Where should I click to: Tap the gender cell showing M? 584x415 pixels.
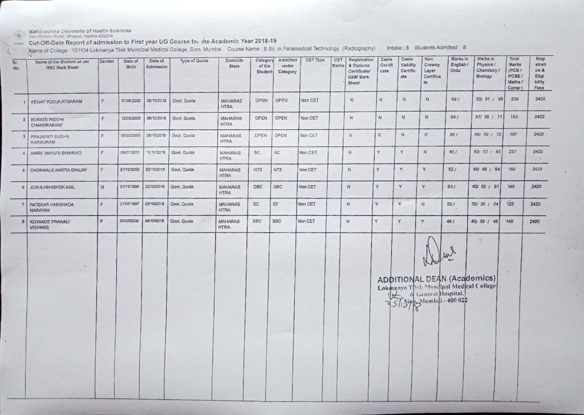pyautogui.click(x=102, y=186)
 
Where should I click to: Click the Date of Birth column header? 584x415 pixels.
pyautogui.click(x=131, y=63)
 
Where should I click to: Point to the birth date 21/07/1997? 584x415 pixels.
pyautogui.click(x=130, y=204)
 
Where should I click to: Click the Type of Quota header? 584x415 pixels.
pyautogui.click(x=194, y=60)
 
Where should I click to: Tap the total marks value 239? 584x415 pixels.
pyautogui.click(x=514, y=99)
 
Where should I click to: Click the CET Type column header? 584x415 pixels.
pyautogui.click(x=315, y=60)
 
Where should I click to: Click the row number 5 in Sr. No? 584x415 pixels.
pyautogui.click(x=23, y=170)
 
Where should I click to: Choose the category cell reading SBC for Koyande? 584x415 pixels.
pyautogui.click(x=257, y=221)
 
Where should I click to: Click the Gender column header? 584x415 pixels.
pyautogui.click(x=107, y=60)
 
